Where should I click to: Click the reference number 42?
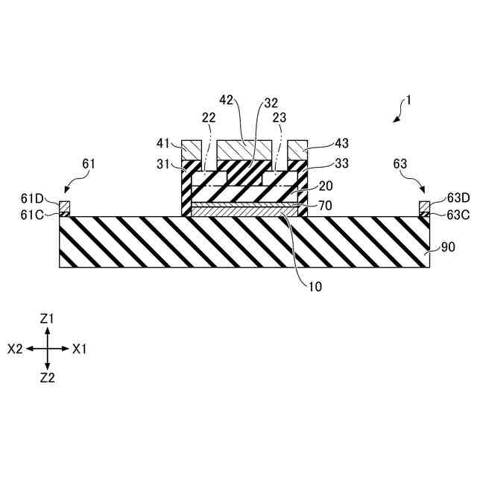(x=227, y=100)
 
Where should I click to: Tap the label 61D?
(x=34, y=198)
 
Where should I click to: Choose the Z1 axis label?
(x=47, y=318)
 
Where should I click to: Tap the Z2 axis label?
(x=47, y=378)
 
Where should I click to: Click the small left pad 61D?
(x=65, y=206)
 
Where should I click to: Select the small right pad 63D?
(x=424, y=206)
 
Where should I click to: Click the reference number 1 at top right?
(x=408, y=98)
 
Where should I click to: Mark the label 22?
(x=209, y=116)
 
